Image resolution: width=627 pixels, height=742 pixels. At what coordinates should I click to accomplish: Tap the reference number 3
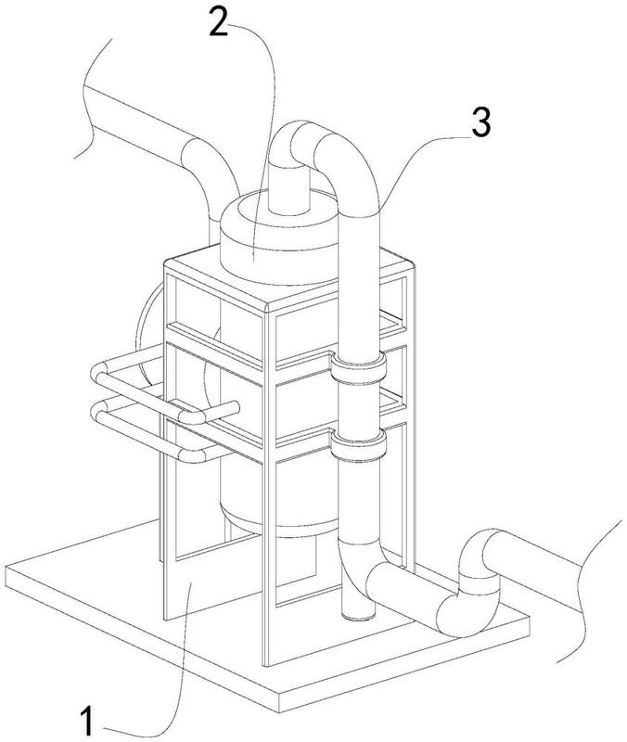point(481,122)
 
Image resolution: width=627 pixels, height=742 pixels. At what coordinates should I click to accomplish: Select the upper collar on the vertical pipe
point(358,366)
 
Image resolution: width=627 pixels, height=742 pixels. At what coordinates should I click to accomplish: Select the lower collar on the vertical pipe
point(358,445)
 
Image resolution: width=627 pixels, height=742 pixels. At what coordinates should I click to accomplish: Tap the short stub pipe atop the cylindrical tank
point(288,189)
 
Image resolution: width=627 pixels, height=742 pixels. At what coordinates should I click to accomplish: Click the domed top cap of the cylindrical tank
point(279,237)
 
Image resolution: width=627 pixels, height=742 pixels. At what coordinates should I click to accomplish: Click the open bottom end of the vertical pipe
point(358,614)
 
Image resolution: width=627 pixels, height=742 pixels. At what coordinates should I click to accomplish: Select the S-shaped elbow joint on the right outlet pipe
point(468,584)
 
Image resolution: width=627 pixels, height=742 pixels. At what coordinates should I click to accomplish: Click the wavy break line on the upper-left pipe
point(91,98)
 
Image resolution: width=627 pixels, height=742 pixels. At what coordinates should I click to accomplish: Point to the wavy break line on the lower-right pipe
point(587,592)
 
